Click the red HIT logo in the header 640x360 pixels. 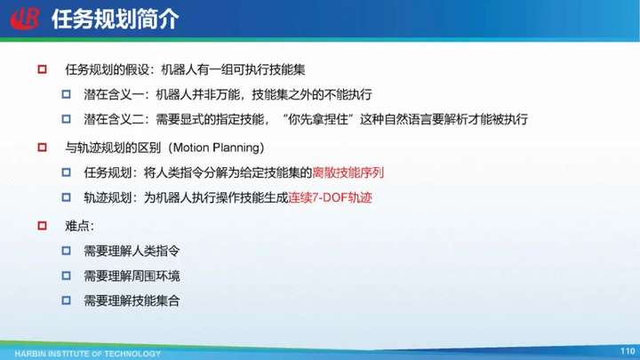coord(25,19)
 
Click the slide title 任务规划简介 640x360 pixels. coord(115,20)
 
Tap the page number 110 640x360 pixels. coord(628,351)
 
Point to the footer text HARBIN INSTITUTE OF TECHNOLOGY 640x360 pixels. coord(87,354)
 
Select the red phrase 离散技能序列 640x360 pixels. coord(348,172)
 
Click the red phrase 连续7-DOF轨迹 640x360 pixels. coord(330,197)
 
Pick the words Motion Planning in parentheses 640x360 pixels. coord(216,148)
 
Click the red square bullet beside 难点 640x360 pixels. coord(42,226)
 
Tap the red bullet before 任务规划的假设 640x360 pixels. coord(42,69)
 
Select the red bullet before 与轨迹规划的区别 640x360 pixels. coord(42,148)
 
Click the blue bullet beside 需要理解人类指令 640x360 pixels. coord(66,251)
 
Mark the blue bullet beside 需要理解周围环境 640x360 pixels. coord(66,276)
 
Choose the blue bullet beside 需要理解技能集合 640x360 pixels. coord(66,300)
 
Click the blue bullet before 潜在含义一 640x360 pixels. coord(66,94)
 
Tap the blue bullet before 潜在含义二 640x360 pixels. coord(66,119)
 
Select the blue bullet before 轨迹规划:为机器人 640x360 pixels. coord(66,197)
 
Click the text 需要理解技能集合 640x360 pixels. coord(132,300)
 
